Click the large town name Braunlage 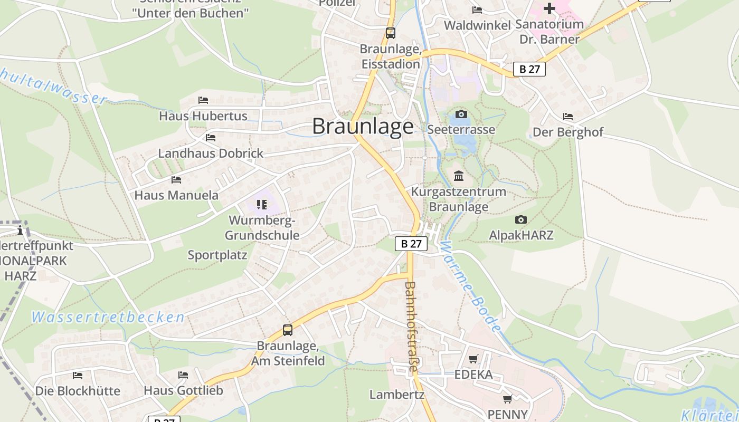point(363,127)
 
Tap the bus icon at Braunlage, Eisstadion point(391,33)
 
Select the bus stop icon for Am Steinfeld point(288,330)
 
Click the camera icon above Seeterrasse point(461,114)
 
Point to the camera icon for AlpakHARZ point(521,219)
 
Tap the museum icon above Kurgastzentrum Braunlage point(459,176)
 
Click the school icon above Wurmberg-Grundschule point(262,204)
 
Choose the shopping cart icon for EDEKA point(473,359)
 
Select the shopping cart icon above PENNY point(507,399)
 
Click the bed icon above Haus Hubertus point(203,100)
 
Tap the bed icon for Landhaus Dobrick point(211,138)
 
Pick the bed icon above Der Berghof point(567,116)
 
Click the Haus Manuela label point(176,195)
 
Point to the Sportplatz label point(217,255)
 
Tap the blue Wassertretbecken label point(108,317)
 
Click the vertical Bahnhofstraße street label point(410,327)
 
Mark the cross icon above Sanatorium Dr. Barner point(549,8)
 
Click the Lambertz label point(397,395)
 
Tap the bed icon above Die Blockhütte point(78,375)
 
